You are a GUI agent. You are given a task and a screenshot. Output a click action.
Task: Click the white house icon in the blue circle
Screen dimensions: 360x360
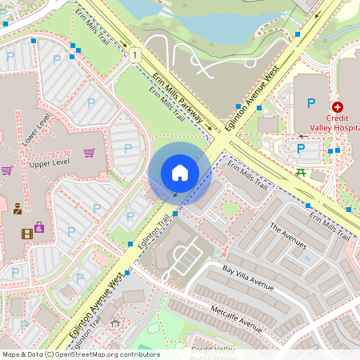tap(179, 172)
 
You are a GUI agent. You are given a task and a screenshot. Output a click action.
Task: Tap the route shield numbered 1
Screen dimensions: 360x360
tap(136, 54)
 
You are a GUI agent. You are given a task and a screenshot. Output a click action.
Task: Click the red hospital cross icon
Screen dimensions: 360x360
tap(338, 106)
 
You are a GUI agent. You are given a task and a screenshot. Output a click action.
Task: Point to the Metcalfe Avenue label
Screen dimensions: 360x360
tap(232, 315)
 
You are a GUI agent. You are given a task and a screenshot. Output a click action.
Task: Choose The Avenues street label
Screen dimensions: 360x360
tap(288, 238)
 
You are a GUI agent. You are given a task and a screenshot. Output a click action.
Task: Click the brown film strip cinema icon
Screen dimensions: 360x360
tap(28, 234)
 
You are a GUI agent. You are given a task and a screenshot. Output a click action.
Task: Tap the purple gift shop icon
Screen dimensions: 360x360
tap(39, 228)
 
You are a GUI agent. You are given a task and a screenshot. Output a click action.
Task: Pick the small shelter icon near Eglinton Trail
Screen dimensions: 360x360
tap(115, 324)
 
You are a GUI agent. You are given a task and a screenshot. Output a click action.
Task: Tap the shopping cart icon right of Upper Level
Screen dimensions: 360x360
tap(89, 152)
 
